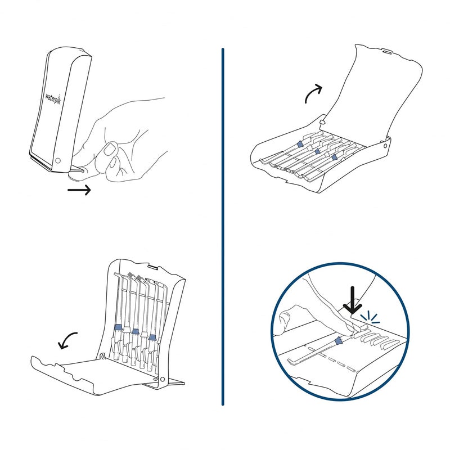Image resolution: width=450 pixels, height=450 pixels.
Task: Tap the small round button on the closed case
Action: pos(58,161)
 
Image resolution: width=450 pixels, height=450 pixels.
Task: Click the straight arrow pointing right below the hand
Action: pos(79,191)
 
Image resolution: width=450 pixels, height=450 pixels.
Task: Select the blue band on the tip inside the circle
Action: pos(338,341)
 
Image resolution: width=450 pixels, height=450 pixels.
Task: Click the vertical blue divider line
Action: pos(223,225)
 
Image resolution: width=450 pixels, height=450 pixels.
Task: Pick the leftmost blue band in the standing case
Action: pos(118,327)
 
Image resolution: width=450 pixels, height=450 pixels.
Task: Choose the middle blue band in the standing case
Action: pos(136,331)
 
